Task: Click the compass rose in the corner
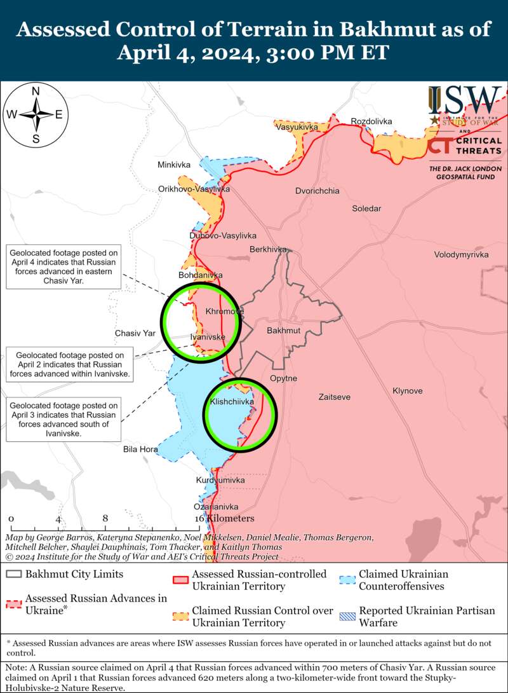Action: coord(36,114)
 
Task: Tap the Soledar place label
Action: coord(367,209)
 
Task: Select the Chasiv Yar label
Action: coord(135,333)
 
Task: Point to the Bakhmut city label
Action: coord(283,331)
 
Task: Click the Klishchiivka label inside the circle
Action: coord(232,402)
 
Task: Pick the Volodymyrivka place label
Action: coord(461,254)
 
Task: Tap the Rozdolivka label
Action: coord(371,121)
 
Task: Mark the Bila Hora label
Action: coord(140,449)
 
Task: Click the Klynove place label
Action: coord(407,391)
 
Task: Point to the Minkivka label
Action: coord(174,165)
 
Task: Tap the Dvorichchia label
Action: coord(317,191)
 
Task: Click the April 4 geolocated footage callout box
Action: coord(64,266)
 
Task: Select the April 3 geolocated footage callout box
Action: coord(63,419)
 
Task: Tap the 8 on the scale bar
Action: coord(105,518)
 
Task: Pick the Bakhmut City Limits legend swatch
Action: coord(13,574)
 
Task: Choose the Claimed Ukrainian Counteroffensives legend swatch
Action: coord(347,580)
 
